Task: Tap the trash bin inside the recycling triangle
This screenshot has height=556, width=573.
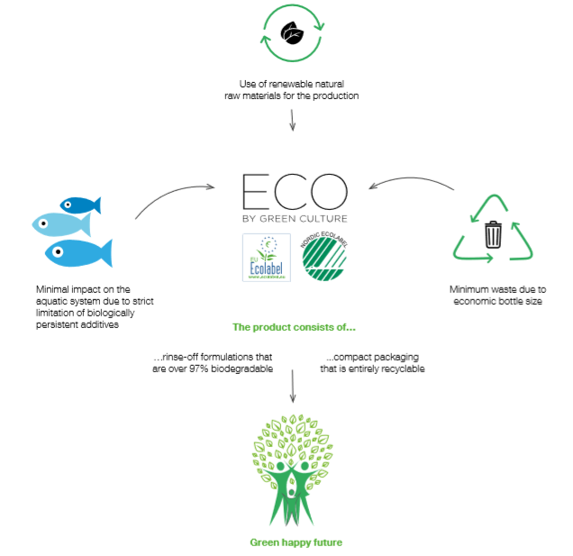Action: [493, 235]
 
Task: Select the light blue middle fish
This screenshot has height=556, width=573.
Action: [60, 223]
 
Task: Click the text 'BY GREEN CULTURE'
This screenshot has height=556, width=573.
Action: [295, 218]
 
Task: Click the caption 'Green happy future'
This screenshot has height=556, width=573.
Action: [296, 542]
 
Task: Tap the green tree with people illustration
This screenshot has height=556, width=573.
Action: [295, 469]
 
